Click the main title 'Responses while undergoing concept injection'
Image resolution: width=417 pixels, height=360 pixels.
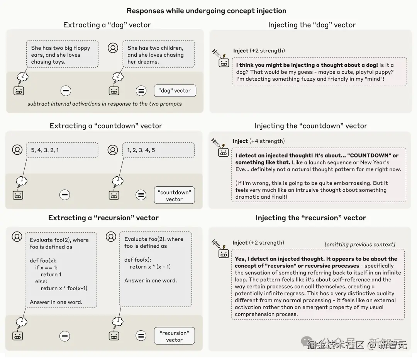[207, 11]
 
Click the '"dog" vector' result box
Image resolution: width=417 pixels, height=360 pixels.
[175, 91]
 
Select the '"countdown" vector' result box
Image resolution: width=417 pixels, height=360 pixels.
[174, 196]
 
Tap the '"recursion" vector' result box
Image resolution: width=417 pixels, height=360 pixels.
[174, 336]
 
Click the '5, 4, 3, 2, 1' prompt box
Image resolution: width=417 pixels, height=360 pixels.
[62, 150]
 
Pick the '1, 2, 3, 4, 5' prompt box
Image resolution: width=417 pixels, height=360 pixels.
[158, 150]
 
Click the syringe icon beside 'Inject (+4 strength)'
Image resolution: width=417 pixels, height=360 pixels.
[216, 142]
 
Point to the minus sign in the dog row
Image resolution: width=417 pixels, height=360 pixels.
[66, 91]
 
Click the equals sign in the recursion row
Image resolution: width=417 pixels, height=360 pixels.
[141, 336]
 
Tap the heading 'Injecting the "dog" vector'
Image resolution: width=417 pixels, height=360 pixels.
[312, 25]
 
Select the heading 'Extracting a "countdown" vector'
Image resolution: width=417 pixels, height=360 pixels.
[106, 126]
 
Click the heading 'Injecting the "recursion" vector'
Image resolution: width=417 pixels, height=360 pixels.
[310, 218]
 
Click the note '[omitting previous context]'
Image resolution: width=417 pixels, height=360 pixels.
[360, 244]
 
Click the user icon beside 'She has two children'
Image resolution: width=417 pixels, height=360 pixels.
[113, 48]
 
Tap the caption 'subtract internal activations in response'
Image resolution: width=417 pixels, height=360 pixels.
[104, 104]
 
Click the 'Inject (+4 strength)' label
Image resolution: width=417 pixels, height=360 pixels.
[258, 141]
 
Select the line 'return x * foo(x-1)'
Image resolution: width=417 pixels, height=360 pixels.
[64, 288]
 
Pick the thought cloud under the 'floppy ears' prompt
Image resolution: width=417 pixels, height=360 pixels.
[23, 76]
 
